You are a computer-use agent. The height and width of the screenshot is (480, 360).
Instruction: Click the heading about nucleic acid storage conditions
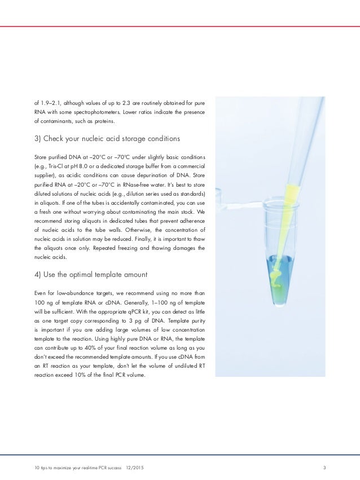click(x=106, y=139)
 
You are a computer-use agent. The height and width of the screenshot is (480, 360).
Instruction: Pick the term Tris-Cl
click(x=54, y=165)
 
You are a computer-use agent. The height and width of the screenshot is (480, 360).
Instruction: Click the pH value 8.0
click(x=82, y=165)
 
